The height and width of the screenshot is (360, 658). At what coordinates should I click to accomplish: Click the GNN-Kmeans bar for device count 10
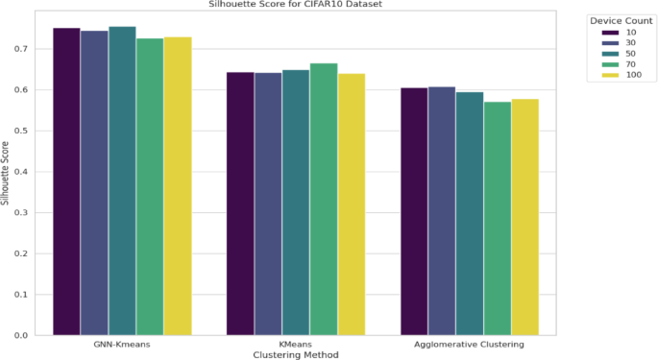coord(66,181)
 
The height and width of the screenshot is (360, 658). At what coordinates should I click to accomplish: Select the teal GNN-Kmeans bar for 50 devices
coord(122,180)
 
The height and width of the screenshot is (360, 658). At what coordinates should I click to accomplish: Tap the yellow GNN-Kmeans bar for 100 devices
coord(178,186)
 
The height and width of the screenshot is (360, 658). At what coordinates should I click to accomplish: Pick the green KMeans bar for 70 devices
coord(324,200)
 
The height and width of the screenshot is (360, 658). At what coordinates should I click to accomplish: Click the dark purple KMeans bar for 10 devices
coord(240,204)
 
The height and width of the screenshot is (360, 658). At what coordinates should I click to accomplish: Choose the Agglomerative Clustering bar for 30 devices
coord(442,211)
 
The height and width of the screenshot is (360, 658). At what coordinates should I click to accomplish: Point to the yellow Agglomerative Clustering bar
coord(525,217)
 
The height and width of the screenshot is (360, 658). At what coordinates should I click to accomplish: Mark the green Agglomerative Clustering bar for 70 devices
coord(498,219)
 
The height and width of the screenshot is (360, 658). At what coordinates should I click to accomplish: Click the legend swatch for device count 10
coord(610,33)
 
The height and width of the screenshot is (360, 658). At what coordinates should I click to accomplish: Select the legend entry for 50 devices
coord(619,54)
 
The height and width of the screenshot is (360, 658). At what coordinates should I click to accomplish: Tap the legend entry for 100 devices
coord(621,75)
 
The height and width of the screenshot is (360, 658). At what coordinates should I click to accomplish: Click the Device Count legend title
coord(621,21)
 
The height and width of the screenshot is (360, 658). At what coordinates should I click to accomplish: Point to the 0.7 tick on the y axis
coord(21,49)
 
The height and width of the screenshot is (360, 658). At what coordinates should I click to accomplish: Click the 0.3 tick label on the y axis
coord(21,213)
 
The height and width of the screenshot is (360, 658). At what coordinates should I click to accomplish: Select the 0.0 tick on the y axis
coord(21,335)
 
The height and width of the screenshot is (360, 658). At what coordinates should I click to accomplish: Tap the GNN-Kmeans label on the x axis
coord(122,345)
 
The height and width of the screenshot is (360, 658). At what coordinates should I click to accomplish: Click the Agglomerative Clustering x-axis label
coord(469,345)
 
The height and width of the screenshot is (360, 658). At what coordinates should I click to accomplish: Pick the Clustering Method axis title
coord(296,355)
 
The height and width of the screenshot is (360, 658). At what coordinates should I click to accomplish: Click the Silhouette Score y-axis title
coord(5,174)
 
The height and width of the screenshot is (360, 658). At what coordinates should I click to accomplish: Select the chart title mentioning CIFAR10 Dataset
coord(296,4)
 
